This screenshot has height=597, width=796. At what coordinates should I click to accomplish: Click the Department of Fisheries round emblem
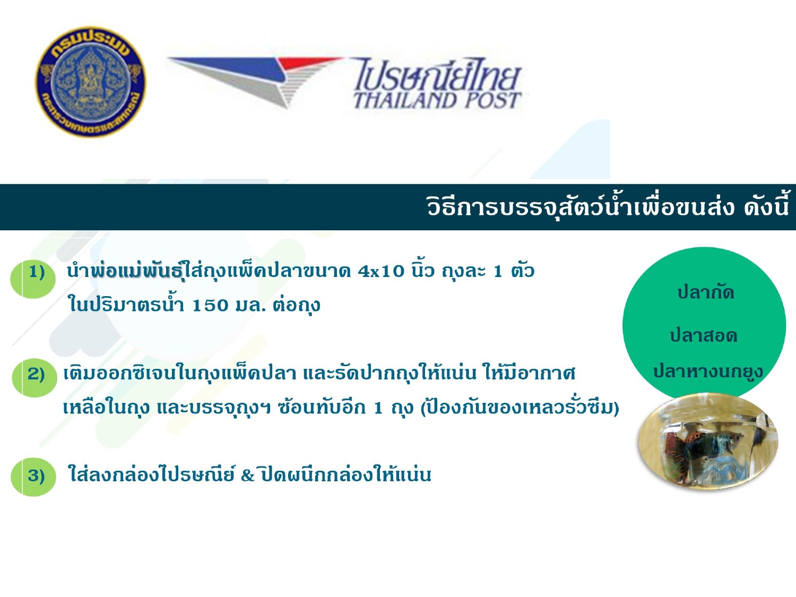[x=91, y=82]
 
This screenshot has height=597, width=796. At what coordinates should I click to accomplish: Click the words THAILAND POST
[x=437, y=100]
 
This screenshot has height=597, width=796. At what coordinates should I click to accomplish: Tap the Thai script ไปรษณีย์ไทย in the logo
[x=437, y=74]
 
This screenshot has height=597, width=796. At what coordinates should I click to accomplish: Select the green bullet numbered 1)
[x=33, y=280]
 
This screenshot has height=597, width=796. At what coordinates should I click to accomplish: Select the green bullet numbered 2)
[x=34, y=378]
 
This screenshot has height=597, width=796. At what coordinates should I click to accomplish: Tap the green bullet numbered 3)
[x=33, y=477]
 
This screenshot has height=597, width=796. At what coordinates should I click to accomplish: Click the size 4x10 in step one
[x=381, y=271]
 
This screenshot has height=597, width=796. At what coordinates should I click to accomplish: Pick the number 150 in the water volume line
[x=210, y=306]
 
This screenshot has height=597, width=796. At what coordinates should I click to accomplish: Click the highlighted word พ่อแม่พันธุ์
[x=137, y=271]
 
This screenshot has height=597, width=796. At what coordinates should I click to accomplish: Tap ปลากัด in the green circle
[x=706, y=292]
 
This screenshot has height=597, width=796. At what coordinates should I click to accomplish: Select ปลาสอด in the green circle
[x=704, y=335]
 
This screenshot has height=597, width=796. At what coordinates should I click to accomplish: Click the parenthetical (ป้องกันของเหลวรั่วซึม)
[x=520, y=408]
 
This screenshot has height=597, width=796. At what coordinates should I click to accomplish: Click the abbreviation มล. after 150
[x=250, y=306]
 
